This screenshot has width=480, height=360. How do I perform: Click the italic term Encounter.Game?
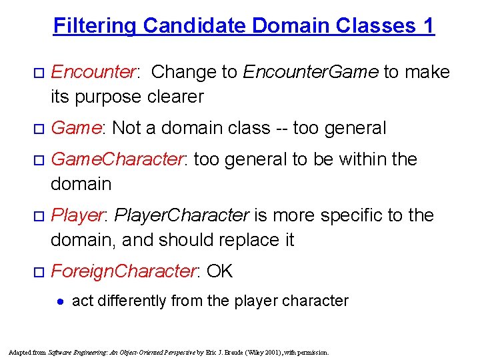(x=311, y=71)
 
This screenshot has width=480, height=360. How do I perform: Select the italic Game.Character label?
(x=117, y=159)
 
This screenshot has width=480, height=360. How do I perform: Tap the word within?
(x=367, y=159)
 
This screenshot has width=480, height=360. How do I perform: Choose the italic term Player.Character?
(x=182, y=215)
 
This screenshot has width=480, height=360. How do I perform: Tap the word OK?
(x=220, y=271)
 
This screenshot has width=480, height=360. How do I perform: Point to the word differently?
(x=131, y=301)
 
